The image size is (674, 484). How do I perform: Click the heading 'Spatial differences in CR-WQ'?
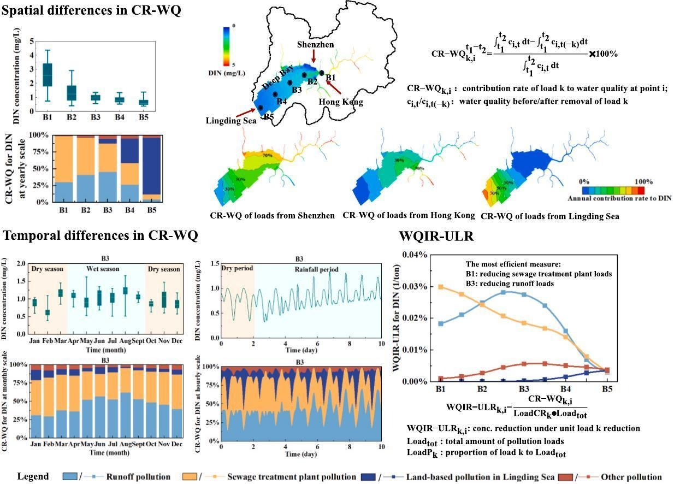coord(92,10)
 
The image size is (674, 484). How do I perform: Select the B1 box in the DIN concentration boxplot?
coord(48,74)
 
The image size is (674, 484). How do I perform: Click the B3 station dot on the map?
coord(290,82)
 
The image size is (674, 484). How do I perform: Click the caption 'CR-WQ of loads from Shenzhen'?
coord(272,216)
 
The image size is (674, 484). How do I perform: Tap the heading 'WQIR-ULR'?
coord(436,236)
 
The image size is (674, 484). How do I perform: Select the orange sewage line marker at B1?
coord(441,287)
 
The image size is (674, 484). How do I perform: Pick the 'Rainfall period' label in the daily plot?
coord(316,269)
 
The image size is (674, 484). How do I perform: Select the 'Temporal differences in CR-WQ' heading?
coord(100,236)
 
